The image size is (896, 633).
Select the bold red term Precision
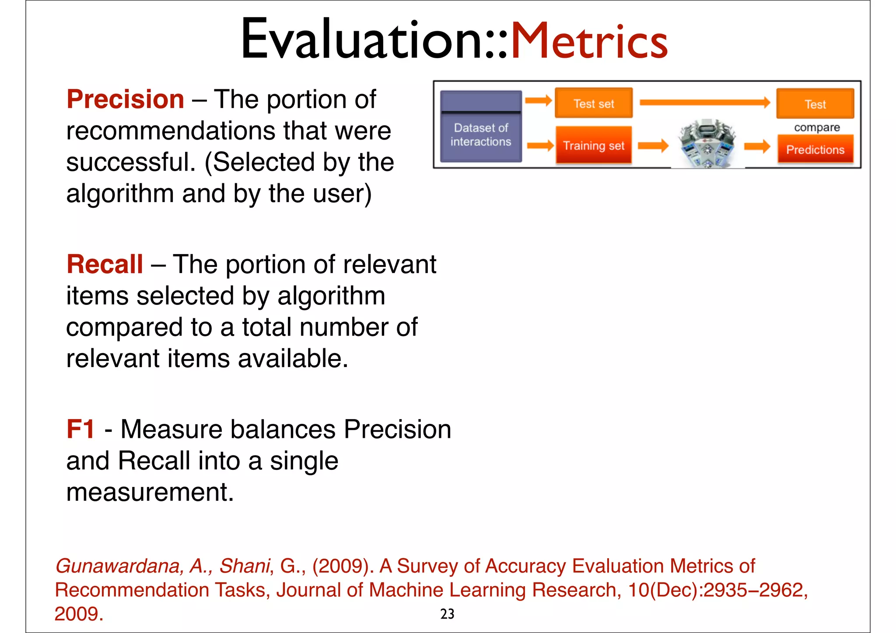[x=125, y=99]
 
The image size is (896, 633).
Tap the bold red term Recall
[x=105, y=264]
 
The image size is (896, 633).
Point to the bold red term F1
[x=80, y=429]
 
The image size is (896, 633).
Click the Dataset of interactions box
[x=481, y=127]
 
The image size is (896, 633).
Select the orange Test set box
[x=594, y=104]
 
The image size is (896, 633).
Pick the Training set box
[x=594, y=145]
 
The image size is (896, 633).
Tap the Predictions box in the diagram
[x=815, y=150]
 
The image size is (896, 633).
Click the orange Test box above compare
[x=815, y=104]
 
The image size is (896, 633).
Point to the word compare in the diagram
[x=817, y=127]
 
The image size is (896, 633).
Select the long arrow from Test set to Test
[x=704, y=103]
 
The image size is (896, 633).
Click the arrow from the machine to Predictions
[x=757, y=146]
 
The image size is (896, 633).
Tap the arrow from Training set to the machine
[x=653, y=145]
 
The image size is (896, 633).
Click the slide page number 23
[x=447, y=614]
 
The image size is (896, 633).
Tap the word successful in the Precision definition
[x=130, y=162]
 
